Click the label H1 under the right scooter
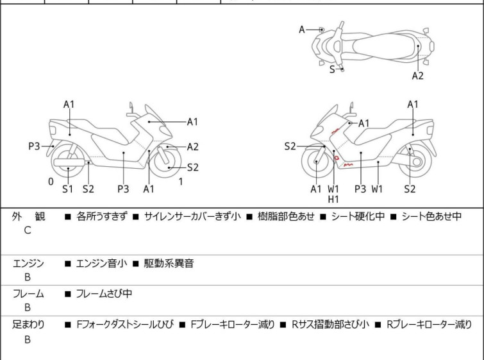coord(333,199)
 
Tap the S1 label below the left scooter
coord(68,189)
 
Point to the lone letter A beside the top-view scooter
coord(302,29)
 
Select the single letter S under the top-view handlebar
coord(332,69)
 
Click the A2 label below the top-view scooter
coord(417,76)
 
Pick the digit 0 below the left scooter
coord(51,182)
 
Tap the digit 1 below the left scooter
coord(181,182)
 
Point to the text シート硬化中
coord(358,217)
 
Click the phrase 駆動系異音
coord(169,263)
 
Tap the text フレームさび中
coord(104,294)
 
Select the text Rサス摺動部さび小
coord(330,325)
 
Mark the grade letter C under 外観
coord(28,231)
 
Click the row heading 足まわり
coord(29,325)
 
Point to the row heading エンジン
coord(29,263)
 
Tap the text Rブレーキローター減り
coord(429,325)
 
